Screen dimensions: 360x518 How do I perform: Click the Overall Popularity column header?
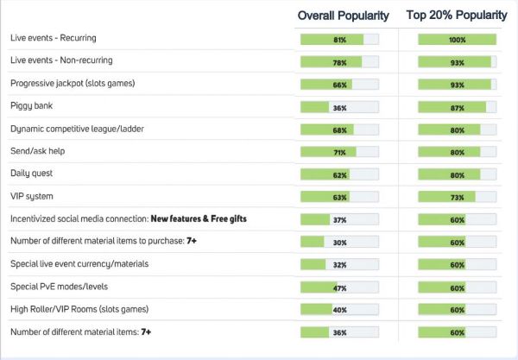[343, 16]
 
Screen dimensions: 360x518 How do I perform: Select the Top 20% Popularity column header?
[456, 16]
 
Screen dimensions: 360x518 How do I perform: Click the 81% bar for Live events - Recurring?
[339, 40]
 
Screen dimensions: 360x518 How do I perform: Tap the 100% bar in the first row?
[457, 40]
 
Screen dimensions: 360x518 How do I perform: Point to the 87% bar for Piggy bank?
[457, 107]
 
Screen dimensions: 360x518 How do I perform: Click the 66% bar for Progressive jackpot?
[339, 85]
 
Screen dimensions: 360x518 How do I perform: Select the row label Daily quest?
[32, 174]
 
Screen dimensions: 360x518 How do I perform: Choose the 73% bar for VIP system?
[457, 197]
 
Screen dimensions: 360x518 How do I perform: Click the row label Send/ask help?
[38, 152]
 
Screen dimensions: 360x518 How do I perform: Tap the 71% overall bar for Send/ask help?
[339, 152]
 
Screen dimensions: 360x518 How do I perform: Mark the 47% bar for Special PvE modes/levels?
[339, 287]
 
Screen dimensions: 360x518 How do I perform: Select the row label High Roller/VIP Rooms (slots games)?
[80, 309]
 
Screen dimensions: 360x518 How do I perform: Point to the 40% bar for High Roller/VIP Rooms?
[339, 309]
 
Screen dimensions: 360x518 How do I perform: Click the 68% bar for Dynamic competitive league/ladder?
[339, 129]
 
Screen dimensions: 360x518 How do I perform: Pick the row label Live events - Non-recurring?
[61, 61]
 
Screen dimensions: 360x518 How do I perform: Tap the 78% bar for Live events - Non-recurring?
[339, 62]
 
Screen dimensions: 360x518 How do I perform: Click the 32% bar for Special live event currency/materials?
[339, 264]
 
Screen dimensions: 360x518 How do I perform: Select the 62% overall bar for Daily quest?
[339, 174]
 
